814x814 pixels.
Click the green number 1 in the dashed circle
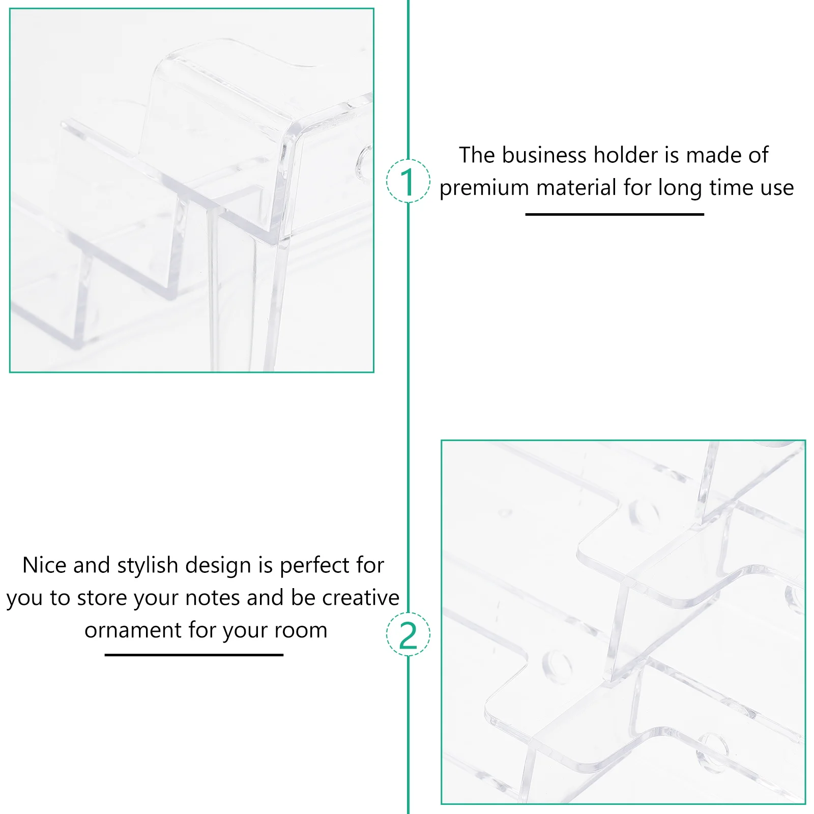(408, 182)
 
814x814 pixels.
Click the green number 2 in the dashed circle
(408, 635)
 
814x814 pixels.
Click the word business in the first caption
(544, 155)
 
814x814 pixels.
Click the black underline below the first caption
(615, 214)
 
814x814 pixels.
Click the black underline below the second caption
(194, 655)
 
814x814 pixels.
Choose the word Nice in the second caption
(44, 565)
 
